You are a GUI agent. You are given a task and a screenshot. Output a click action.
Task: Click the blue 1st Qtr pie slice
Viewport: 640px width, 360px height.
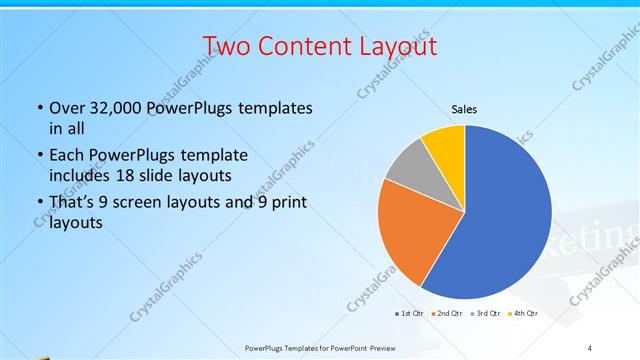pyautogui.click(x=505, y=215)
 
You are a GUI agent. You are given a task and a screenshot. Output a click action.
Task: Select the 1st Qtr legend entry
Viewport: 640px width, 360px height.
pyautogui.click(x=410, y=314)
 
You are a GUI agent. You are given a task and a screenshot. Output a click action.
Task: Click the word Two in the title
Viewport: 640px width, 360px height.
pyautogui.click(x=228, y=46)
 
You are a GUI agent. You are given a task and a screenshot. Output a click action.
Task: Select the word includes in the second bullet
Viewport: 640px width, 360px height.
pyautogui.click(x=80, y=175)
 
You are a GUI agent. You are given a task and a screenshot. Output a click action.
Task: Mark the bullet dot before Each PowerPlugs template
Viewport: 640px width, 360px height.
pyautogui.click(x=39, y=156)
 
